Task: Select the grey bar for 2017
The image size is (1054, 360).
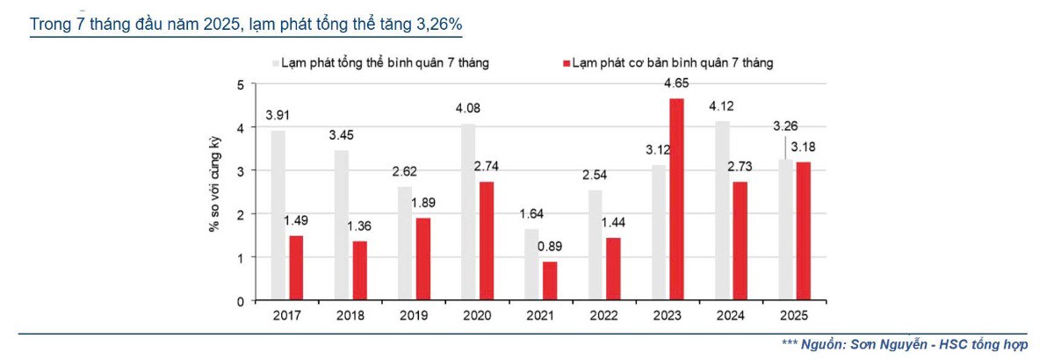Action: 278,215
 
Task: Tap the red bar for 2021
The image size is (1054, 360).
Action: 550,281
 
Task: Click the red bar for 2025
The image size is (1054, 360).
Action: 803,231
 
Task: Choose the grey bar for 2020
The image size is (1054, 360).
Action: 469,212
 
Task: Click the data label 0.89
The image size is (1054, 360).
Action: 551,247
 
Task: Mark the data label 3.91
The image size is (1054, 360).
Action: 279,116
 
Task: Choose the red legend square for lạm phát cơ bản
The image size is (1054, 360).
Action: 567,63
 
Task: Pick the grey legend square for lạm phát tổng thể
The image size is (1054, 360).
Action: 276,63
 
